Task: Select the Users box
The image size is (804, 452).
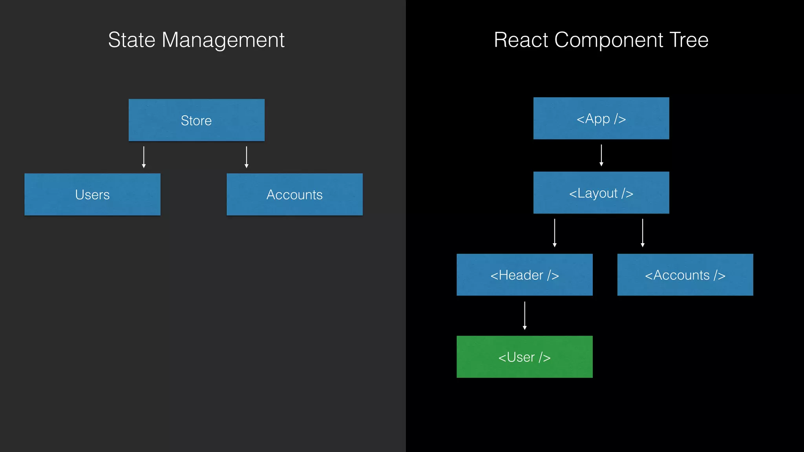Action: [92, 195]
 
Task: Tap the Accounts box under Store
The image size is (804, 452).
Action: [294, 195]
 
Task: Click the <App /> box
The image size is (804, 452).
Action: [601, 118]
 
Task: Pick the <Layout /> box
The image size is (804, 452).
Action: [601, 193]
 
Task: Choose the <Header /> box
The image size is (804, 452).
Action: [524, 275]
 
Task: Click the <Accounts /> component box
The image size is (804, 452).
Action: [685, 275]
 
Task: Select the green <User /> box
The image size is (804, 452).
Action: [524, 357]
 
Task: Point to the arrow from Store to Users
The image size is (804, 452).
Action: [144, 157]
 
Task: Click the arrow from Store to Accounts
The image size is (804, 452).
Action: [247, 157]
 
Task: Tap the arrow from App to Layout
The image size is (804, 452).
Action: [601, 155]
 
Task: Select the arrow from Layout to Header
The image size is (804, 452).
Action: [554, 233]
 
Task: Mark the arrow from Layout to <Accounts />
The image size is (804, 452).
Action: [642, 233]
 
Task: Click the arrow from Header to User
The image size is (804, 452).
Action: [524, 315]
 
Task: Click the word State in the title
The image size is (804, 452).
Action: [132, 40]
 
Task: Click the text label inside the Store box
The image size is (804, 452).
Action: [196, 120]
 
